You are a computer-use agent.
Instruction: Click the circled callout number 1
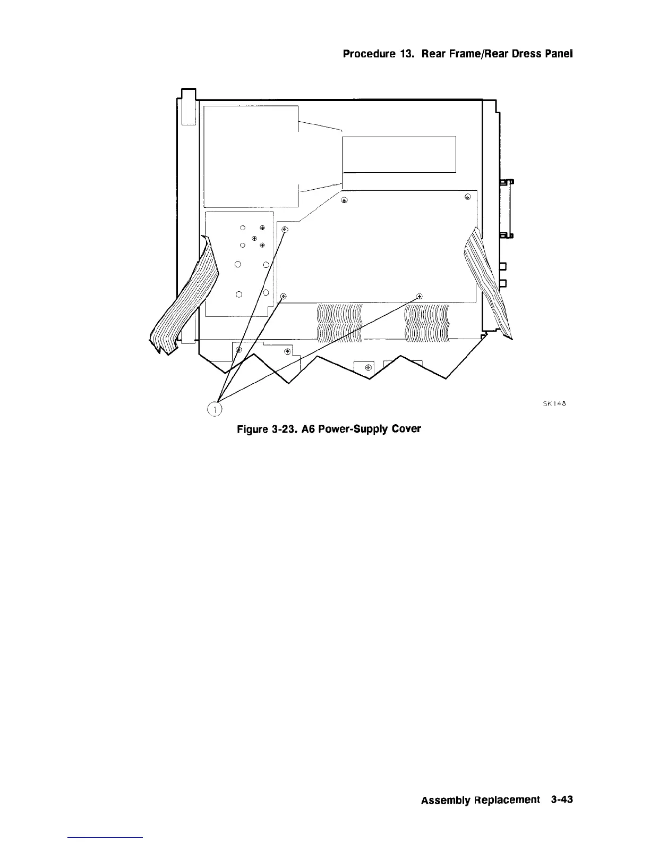tap(215, 408)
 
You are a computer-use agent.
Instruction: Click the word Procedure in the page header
tap(364, 54)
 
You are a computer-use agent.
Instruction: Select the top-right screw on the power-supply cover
tap(467, 197)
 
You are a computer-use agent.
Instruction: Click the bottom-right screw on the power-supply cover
tap(420, 296)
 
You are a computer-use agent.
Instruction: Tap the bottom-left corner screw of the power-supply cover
tap(283, 296)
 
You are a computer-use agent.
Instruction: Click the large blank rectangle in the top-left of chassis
tap(251, 156)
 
